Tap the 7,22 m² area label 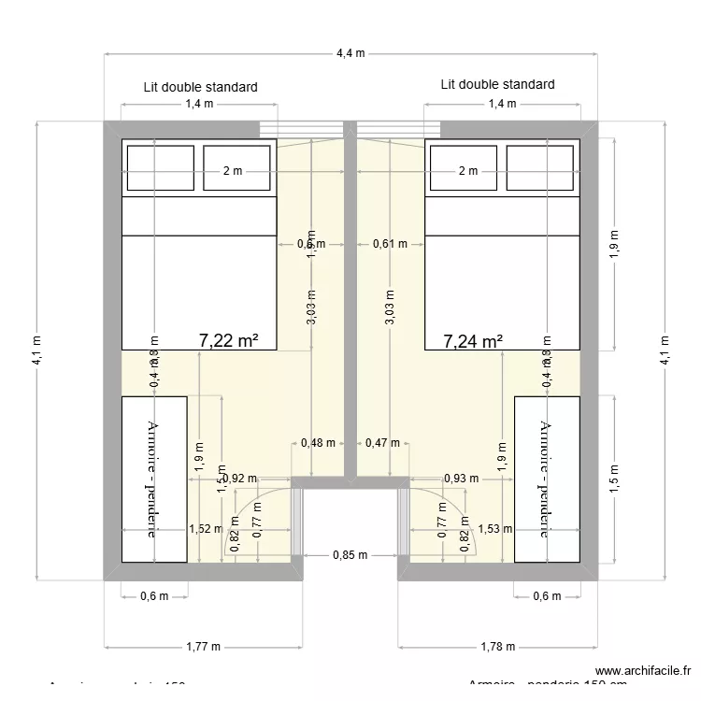point(229,341)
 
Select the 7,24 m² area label point(474,341)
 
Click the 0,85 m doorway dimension point(350,554)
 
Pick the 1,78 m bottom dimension point(496,646)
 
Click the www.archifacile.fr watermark point(645,670)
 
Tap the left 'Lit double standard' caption point(200,87)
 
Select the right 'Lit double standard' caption point(497,84)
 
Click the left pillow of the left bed point(161,169)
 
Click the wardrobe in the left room point(154,479)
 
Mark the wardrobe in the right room point(548,479)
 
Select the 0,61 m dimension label point(390,244)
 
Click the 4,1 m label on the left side point(36,350)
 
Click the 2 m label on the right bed point(468,171)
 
